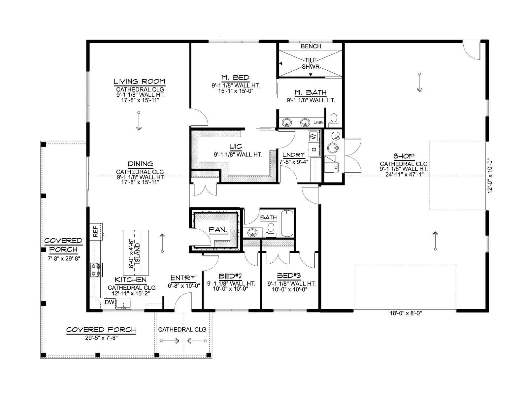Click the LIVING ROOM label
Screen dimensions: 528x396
click(140, 82)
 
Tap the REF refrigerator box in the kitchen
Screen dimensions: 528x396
click(96, 232)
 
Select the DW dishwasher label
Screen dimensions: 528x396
click(110, 302)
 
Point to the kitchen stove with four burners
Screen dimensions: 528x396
click(96, 270)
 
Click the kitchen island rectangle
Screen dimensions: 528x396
click(136, 253)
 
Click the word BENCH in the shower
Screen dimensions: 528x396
click(311, 46)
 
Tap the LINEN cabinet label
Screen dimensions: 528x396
click(319, 123)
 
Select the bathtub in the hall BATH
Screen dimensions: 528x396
click(287, 223)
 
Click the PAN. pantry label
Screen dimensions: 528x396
click(218, 230)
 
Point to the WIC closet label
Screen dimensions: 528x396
click(236, 147)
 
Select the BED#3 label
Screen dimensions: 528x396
click(289, 276)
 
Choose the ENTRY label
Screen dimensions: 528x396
click(183, 278)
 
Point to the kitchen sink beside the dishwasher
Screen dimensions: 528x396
click(123, 304)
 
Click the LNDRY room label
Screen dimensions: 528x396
click(294, 154)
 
